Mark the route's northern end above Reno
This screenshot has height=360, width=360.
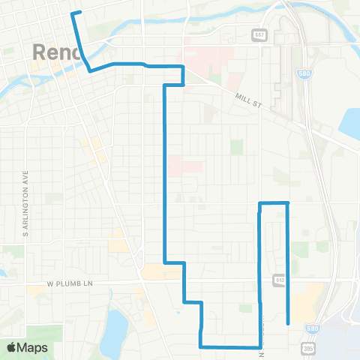click(x=72, y=13)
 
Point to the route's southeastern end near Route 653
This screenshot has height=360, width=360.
click(x=289, y=323)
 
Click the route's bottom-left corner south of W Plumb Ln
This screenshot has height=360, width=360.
click(x=200, y=346)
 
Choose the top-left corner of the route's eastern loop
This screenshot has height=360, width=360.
click(x=259, y=203)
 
